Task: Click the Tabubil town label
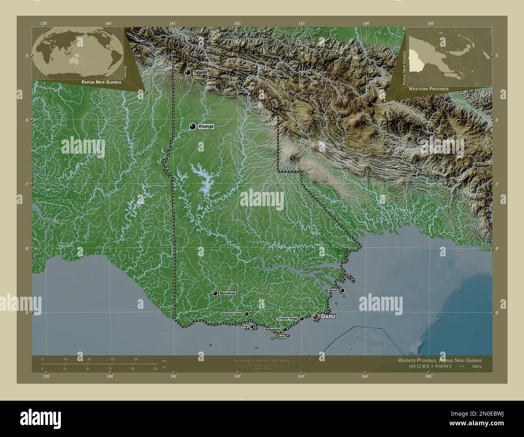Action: (201, 73)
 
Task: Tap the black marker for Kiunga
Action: (193, 127)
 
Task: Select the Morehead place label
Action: (228, 293)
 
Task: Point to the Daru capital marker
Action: (315, 317)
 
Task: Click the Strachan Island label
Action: (232, 314)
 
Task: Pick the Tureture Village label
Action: (287, 318)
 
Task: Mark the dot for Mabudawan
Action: (285, 329)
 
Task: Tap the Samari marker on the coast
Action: (342, 290)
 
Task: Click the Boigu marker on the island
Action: (252, 327)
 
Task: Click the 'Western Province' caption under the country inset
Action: (428, 88)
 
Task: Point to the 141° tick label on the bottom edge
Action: (174, 377)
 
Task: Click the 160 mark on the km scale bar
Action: (135, 359)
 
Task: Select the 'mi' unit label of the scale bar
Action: (164, 368)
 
